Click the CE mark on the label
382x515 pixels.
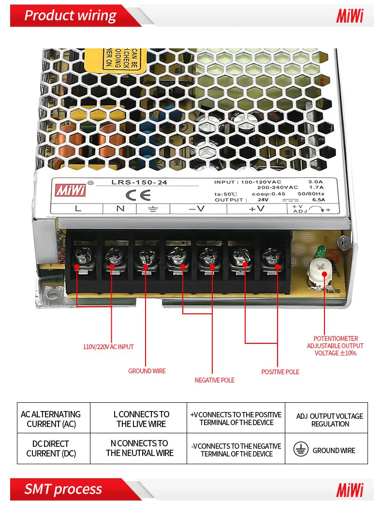pos(138,195)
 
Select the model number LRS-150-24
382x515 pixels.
pos(132,182)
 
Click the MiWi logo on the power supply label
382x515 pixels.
pos(71,190)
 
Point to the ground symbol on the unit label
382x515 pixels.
pos(152,209)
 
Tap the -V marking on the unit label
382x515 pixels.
pos(197,209)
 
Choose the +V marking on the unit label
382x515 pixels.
pos(256,209)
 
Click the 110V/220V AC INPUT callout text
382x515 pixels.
pos(108,347)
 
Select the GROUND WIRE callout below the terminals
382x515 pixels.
pos(147,371)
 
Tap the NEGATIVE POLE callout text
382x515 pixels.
pos(214,380)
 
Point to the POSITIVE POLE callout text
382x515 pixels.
pos(280,372)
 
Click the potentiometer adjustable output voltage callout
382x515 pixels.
pos(335,346)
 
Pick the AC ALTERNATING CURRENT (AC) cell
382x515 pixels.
pos(51,419)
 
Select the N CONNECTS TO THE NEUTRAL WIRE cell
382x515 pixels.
pos(140,448)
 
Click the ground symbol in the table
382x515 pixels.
pos(301,450)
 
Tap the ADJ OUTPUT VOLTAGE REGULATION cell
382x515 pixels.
pos(330,420)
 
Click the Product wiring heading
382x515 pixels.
pos(71,16)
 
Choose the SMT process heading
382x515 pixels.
pos(63,489)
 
